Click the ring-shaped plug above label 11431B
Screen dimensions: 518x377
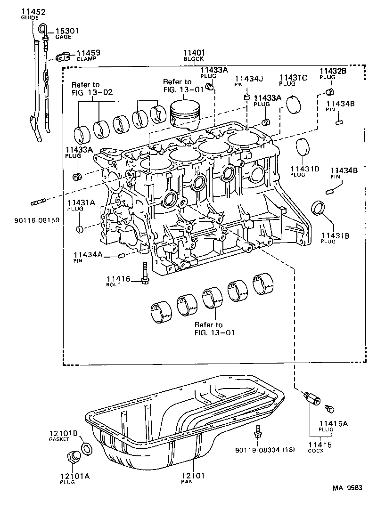319,208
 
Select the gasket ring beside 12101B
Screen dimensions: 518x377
87,448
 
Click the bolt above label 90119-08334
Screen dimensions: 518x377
257,433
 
